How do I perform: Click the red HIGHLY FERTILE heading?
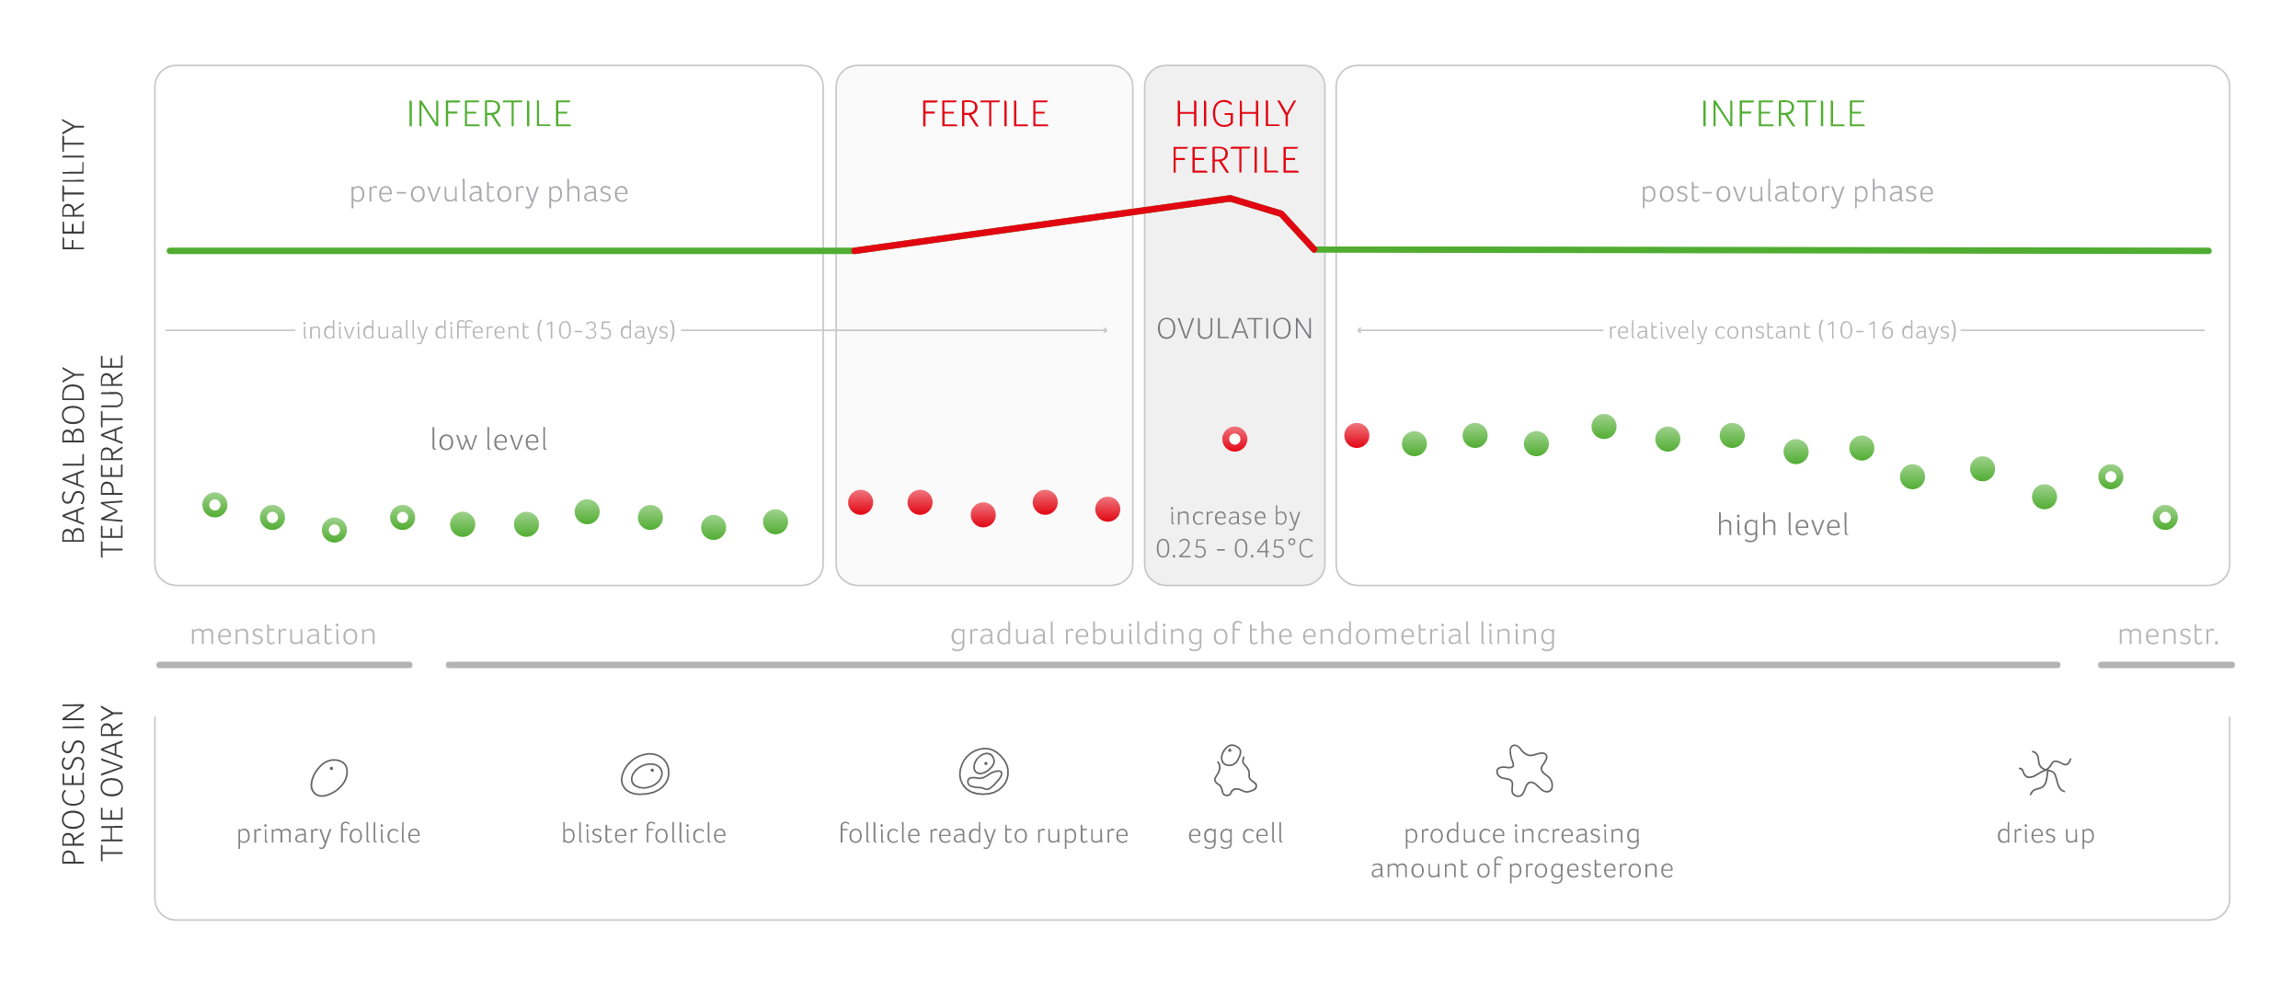tap(1234, 137)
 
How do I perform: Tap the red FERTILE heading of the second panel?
tap(984, 115)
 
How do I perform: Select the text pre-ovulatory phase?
tap(488, 191)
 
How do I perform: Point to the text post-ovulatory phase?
tap(1786, 191)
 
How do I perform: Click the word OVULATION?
tap(1234, 329)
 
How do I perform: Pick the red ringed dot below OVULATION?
tap(1234, 440)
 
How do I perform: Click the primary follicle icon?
tap(328, 778)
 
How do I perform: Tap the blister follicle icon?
tap(645, 774)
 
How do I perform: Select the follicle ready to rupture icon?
tap(983, 771)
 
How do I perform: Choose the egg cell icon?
tap(1233, 771)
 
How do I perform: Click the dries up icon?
tap(2044, 773)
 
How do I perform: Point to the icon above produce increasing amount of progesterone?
tap(1524, 771)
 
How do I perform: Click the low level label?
tap(488, 440)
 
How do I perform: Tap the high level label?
tap(1782, 525)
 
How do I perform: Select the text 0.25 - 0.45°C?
tap(1234, 549)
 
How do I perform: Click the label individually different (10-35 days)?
tap(488, 330)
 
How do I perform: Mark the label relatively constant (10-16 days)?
tap(1782, 330)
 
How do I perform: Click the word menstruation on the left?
tap(283, 635)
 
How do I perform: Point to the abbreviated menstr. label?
tap(2168, 635)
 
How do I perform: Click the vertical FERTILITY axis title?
tap(74, 185)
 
